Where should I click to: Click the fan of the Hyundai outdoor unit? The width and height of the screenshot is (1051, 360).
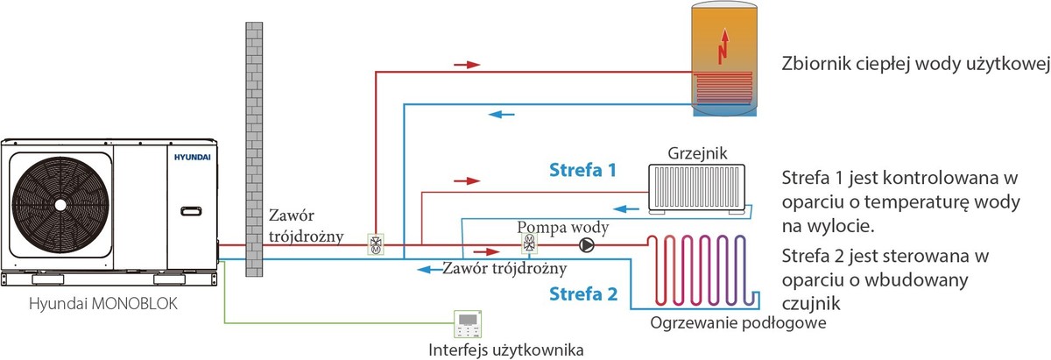click(60, 203)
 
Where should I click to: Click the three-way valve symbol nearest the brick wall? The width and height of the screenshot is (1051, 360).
click(376, 245)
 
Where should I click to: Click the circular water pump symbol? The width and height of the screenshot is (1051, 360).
click(587, 245)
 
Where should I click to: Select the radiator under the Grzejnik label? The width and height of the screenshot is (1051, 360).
click(698, 189)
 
